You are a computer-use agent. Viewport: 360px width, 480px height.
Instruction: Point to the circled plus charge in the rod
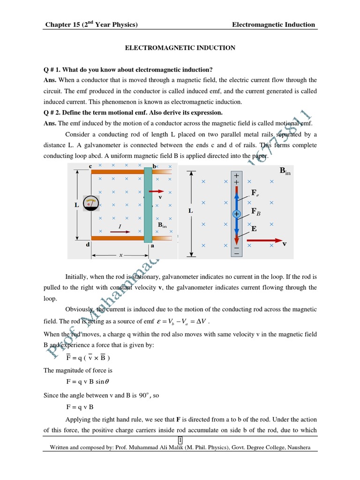pyautogui.click(x=236, y=214)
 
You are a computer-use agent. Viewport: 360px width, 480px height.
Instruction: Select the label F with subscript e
pyautogui.click(x=255, y=193)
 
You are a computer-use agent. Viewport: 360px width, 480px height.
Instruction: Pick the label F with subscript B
pyautogui.click(x=256, y=212)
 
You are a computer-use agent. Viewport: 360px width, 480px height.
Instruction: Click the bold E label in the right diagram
pyautogui.click(x=254, y=229)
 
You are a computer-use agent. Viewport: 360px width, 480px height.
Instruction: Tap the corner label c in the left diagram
pyautogui.click(x=90, y=166)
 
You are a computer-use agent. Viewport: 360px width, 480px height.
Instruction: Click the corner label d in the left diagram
pyautogui.click(x=88, y=244)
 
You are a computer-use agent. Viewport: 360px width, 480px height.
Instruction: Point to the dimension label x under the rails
pyautogui.click(x=120, y=255)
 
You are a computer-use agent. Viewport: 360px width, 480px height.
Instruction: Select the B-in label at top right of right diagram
pyautogui.click(x=285, y=171)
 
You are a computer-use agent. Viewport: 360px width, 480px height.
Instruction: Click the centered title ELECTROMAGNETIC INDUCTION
pyautogui.click(x=180, y=48)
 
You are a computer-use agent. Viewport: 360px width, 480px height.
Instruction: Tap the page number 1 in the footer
pyautogui.click(x=180, y=439)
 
